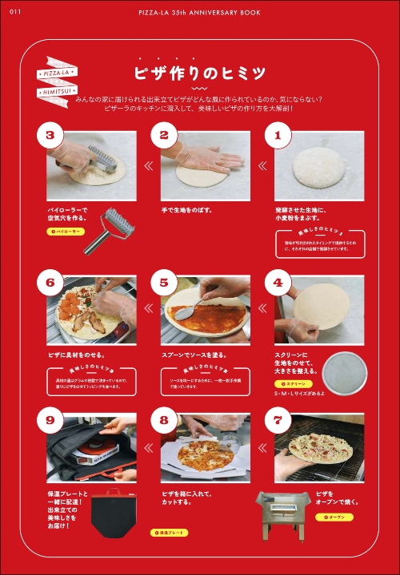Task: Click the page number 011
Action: (14, 10)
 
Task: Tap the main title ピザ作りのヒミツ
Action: (200, 73)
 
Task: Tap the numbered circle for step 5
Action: (164, 282)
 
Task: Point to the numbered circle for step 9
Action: (50, 419)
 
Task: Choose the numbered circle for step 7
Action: (278, 419)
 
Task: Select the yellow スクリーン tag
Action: (290, 384)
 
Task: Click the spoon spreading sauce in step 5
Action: (185, 314)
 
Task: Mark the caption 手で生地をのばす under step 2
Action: (187, 211)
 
